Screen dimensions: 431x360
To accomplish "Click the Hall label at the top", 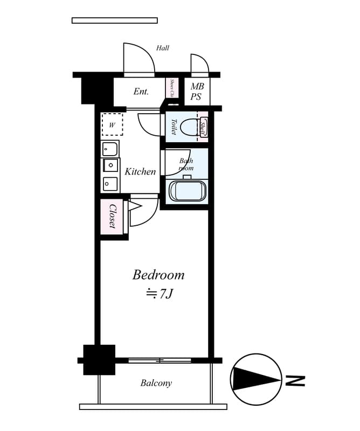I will click(x=163, y=48).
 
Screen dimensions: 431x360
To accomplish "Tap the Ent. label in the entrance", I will click(x=141, y=92).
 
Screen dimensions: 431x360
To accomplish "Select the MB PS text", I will click(x=196, y=92).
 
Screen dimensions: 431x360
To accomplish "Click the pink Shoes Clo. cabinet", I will click(x=172, y=88).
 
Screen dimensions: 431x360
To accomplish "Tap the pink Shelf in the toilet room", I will click(x=203, y=127).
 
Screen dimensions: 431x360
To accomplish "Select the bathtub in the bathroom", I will click(x=187, y=191).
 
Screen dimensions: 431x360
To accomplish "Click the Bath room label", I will click(x=186, y=164).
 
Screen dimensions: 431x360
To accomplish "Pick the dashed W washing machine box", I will click(x=112, y=124).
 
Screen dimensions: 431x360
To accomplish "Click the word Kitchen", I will click(x=140, y=172).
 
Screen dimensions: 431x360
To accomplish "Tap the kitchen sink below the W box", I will click(x=110, y=148).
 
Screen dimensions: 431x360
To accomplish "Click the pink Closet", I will click(x=112, y=216).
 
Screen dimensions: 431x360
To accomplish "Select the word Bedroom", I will click(x=158, y=275).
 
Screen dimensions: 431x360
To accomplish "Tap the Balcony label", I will click(x=156, y=383).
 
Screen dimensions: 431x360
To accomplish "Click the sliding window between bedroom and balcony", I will click(x=160, y=360).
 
